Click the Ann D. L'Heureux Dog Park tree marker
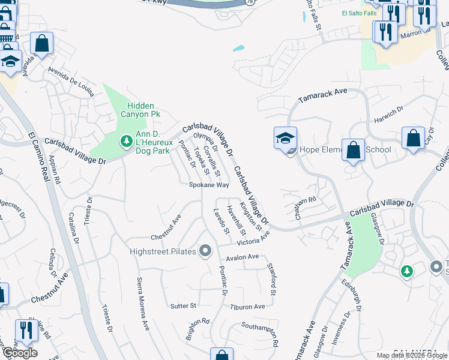coord(126,141)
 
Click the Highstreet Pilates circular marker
coord(206,250)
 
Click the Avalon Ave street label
coord(243,257)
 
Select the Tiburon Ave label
coord(247,307)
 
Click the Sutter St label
coord(183,306)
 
